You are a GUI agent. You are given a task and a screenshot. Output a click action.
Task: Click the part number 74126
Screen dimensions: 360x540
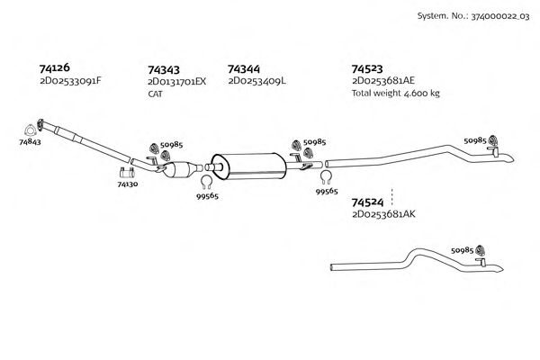point(55,67)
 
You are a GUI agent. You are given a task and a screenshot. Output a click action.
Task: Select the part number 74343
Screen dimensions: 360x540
point(163,68)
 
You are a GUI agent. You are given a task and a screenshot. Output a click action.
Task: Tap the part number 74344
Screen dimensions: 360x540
point(245,68)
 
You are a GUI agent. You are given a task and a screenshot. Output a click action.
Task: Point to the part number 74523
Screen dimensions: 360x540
point(367,68)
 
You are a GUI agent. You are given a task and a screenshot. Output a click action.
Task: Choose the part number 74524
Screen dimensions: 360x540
point(367,202)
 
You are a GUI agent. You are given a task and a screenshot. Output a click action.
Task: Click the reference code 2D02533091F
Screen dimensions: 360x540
point(71,81)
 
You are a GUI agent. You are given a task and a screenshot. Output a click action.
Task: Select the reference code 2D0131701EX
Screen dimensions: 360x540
point(176,81)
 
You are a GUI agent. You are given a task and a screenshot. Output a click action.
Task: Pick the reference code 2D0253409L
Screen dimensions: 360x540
point(256,81)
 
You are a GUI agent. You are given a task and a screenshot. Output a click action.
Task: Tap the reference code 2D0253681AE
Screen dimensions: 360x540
point(382,81)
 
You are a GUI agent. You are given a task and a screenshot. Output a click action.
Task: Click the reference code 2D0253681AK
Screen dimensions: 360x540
point(383,214)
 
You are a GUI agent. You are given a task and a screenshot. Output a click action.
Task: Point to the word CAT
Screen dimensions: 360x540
point(155,93)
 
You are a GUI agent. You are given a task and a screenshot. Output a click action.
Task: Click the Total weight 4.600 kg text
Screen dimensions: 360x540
point(395,94)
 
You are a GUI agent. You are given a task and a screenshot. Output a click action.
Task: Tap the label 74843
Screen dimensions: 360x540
point(30,141)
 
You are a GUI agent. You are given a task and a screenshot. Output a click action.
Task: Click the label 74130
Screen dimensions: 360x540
point(127,183)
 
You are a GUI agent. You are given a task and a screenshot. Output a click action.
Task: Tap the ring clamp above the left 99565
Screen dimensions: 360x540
point(205,186)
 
